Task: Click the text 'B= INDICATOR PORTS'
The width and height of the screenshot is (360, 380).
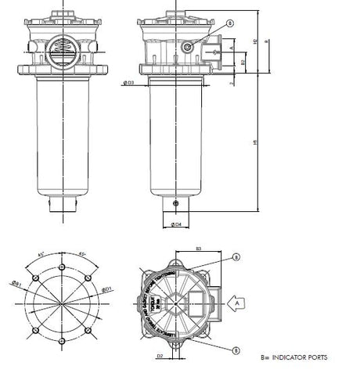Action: pyautogui.click(x=294, y=357)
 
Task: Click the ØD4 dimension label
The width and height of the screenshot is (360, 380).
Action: pyautogui.click(x=176, y=225)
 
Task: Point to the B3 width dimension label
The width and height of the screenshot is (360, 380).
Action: pyautogui.click(x=199, y=249)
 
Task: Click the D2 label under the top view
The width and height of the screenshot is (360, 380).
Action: pyautogui.click(x=159, y=356)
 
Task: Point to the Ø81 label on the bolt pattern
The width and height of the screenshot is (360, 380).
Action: pyautogui.click(x=15, y=283)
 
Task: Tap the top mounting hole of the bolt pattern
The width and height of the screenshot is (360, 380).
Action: pyautogui.click(x=60, y=259)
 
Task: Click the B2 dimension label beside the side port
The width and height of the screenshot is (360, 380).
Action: pyautogui.click(x=243, y=61)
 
